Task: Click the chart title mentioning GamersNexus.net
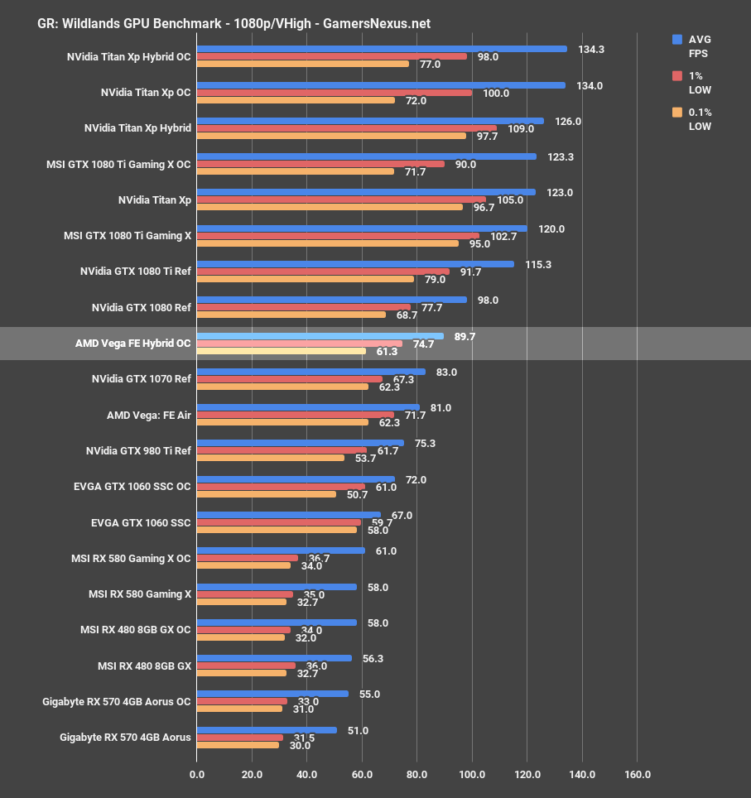click(233, 23)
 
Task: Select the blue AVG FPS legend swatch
click(677, 39)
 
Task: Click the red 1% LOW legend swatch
click(677, 75)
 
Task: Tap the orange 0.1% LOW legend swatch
click(677, 112)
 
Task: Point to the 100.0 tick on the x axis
click(472, 775)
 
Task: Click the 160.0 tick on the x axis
click(637, 775)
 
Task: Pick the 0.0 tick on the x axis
click(197, 775)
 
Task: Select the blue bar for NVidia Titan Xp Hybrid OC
click(382, 49)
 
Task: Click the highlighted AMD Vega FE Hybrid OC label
click(132, 343)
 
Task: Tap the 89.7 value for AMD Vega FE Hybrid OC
click(465, 337)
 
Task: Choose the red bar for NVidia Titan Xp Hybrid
click(346, 128)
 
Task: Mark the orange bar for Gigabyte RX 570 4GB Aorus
click(238, 745)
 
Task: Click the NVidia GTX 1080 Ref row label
click(141, 307)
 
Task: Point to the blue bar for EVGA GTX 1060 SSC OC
click(296, 479)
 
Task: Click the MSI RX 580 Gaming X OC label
click(131, 558)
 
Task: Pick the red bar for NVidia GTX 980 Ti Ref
click(282, 450)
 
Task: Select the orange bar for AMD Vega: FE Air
click(282, 422)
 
